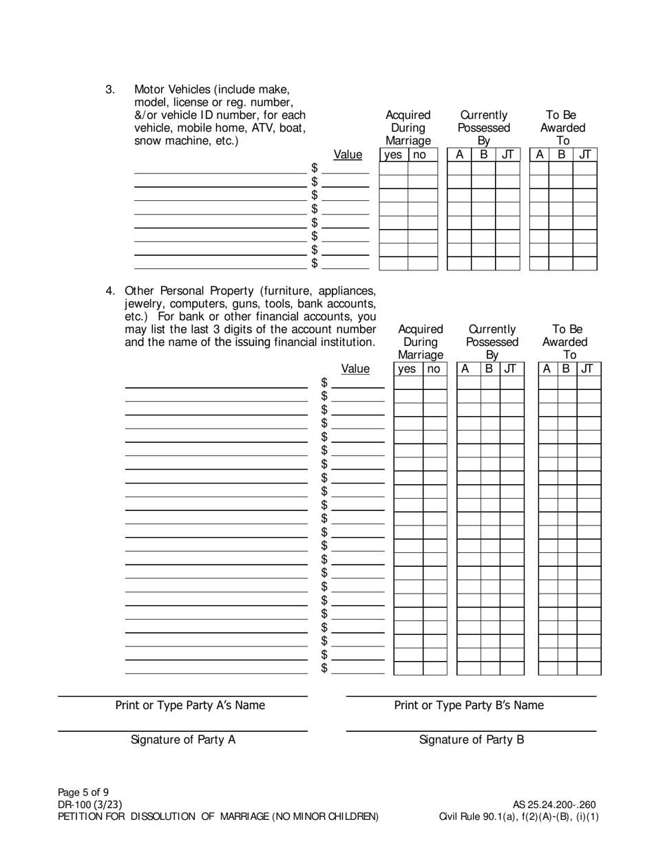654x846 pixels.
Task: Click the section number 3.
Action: click(x=110, y=89)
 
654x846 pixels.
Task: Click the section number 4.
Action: click(x=110, y=290)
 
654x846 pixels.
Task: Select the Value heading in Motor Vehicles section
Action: click(x=348, y=155)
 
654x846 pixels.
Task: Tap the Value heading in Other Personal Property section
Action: click(x=355, y=369)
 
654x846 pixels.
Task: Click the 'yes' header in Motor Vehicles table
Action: click(x=393, y=155)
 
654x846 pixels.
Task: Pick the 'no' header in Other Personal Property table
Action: click(x=434, y=369)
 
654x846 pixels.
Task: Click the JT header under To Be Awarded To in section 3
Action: click(x=585, y=155)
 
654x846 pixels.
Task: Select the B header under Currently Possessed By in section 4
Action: click(x=489, y=369)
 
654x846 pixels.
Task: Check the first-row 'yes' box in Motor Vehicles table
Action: click(x=393, y=169)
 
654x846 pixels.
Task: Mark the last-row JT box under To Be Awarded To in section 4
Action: click(x=589, y=668)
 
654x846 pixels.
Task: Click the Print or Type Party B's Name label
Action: click(x=469, y=705)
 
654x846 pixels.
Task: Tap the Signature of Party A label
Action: click(x=183, y=739)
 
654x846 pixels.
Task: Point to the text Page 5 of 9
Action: click(x=83, y=791)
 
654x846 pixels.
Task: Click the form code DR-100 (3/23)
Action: click(x=90, y=804)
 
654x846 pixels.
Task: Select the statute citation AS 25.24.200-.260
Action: click(x=554, y=804)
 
